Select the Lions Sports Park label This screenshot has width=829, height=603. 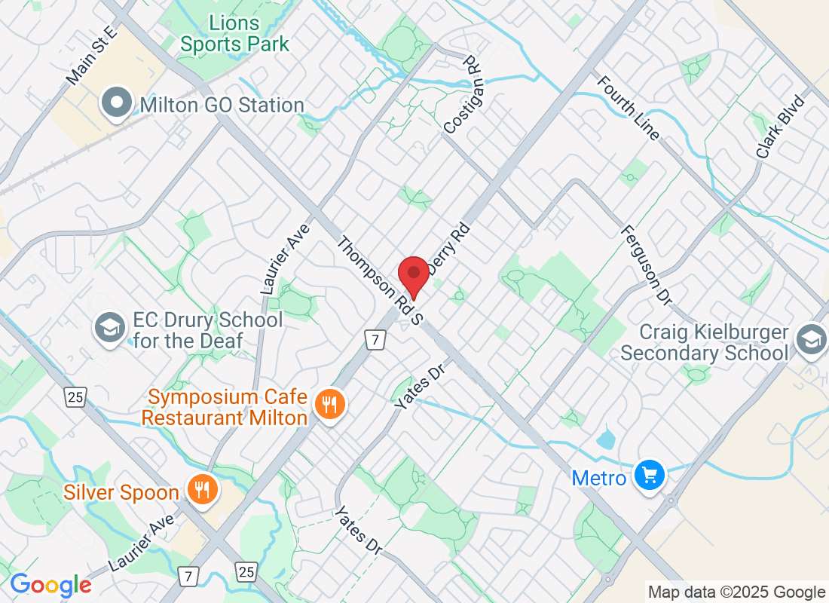(x=234, y=34)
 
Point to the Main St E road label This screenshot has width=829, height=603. (x=93, y=55)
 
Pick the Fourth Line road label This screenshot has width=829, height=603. (x=630, y=108)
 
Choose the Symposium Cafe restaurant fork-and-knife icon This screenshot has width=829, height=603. (x=329, y=404)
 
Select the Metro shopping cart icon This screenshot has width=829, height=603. (x=648, y=476)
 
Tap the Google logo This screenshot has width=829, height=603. (x=50, y=585)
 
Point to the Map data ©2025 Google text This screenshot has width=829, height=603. (x=737, y=592)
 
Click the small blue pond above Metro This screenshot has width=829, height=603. (x=606, y=439)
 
